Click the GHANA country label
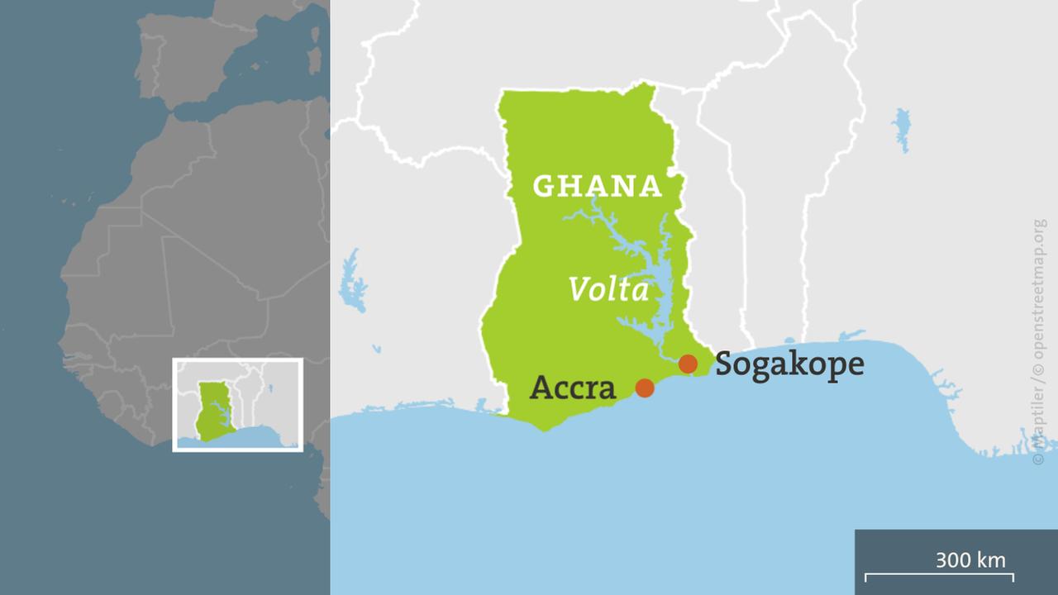[597, 186]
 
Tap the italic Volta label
[608, 289]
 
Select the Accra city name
[573, 387]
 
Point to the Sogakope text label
[789, 364]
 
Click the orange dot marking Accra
[645, 388]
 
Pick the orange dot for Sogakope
[688, 364]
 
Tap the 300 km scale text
[970, 559]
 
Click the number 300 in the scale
[953, 559]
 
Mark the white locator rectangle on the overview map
[238, 360]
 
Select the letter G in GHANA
[543, 186]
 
